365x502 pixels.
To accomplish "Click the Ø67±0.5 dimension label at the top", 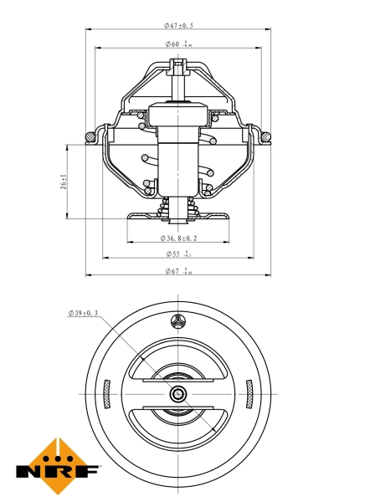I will coord(178,25).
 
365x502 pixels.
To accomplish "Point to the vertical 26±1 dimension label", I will coord(64,182).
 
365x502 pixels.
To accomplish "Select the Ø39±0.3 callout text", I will coord(83,314).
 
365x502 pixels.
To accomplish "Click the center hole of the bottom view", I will coord(178,394).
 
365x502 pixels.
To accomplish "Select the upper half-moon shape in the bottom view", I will coord(178,368).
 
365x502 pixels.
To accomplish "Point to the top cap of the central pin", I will coord(178,64).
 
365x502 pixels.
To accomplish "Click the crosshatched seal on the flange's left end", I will coord(90,135).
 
